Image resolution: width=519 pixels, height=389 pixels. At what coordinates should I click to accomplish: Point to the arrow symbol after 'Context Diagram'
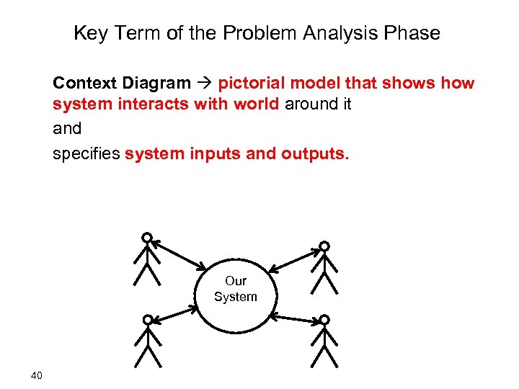(205, 83)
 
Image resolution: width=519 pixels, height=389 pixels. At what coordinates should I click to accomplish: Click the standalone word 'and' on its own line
(67, 128)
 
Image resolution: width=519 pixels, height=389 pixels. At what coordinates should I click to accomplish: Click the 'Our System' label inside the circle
(235, 289)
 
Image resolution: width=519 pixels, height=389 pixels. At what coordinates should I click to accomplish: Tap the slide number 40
(37, 375)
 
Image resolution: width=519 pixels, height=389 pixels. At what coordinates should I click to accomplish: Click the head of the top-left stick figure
(147, 237)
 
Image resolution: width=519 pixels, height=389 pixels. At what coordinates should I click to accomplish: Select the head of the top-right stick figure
(324, 246)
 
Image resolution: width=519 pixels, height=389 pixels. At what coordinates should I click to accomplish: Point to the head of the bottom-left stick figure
(147, 319)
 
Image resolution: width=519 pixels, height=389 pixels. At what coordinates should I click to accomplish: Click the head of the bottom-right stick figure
(324, 319)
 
